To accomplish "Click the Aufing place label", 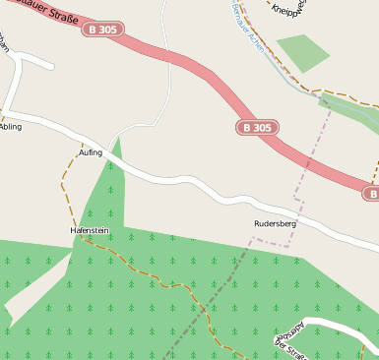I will [x=91, y=152].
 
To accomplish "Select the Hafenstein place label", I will [x=89, y=230].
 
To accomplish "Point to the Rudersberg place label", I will [x=275, y=223].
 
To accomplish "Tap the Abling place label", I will [x=11, y=127].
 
